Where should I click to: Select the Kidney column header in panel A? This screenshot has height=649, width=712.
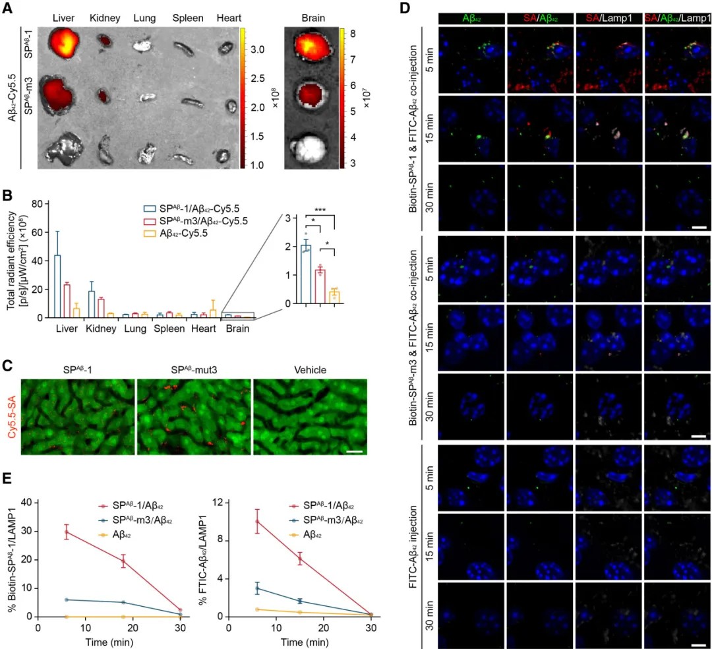(x=103, y=17)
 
